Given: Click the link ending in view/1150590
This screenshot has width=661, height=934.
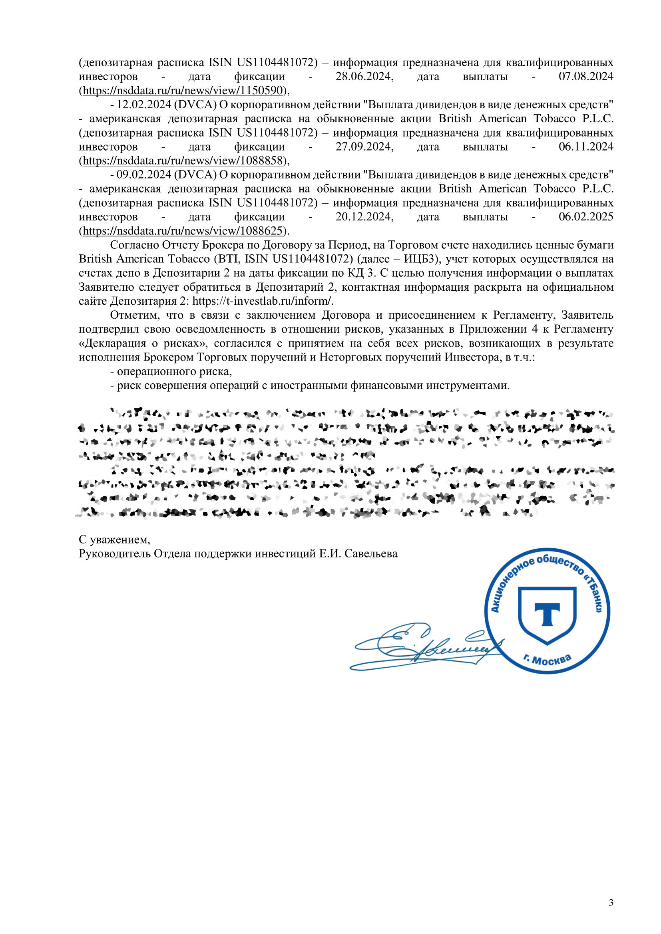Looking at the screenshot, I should point(182,90).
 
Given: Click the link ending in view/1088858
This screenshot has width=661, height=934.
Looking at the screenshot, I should point(182,161).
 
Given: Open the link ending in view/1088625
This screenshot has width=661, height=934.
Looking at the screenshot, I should point(182,231).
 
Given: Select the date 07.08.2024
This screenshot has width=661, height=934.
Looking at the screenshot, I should point(586,77).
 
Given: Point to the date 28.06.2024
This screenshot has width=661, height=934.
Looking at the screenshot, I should point(364,77).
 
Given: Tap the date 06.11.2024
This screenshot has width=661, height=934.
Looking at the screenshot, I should point(586,147).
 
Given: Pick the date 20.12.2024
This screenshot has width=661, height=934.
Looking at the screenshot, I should point(364,217).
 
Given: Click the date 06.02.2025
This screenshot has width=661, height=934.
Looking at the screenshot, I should point(586,217).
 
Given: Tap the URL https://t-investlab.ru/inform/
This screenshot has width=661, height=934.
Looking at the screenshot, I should point(263,301).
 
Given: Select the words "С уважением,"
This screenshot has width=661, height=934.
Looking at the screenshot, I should point(114,540).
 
